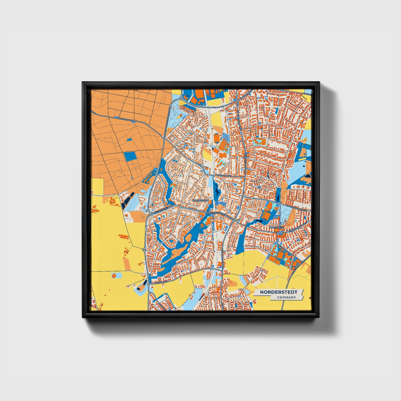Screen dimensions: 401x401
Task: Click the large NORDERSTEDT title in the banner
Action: pos(278,292)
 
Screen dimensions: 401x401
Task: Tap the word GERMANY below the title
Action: pos(286,297)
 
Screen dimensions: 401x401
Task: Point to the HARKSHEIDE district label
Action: pos(277,227)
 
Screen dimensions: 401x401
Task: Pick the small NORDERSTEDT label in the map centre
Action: pos(200,200)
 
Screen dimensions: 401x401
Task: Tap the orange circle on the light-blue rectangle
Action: pos(114,276)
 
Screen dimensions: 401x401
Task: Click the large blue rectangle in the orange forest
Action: pos(130,157)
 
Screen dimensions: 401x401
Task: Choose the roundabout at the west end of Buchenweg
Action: pos(149,285)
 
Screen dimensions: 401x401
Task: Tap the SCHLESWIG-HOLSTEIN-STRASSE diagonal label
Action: pos(301,264)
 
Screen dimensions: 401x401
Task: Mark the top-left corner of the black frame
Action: pos(83,82)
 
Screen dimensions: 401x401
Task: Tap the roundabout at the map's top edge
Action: pos(181,98)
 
